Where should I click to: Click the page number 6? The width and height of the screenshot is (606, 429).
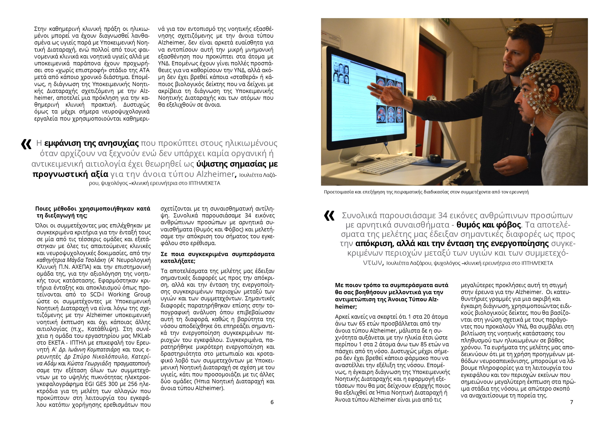[x=272, y=402]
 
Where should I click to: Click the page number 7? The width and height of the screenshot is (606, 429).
[x=572, y=402]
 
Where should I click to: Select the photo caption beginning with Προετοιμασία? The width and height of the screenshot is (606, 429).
[x=426, y=192]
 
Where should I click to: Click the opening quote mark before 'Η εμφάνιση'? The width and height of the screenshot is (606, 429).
[x=26, y=144]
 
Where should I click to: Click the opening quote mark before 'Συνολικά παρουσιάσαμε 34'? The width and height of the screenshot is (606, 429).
[x=329, y=215]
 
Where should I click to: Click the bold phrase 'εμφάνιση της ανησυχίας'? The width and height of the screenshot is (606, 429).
[x=91, y=143]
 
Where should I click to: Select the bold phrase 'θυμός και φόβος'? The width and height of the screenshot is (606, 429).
[x=488, y=225]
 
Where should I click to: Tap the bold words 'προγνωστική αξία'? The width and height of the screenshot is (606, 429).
[x=70, y=174]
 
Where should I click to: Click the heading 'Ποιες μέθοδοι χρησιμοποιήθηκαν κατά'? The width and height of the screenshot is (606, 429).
[x=93, y=209]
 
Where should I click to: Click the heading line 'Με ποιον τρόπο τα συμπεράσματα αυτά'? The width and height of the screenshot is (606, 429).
[x=391, y=285]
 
